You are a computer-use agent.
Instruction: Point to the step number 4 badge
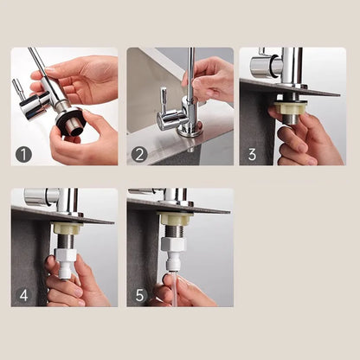[x=24, y=294]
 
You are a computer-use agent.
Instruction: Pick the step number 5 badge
[x=139, y=294]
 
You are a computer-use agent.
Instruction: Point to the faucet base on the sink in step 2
[x=190, y=129]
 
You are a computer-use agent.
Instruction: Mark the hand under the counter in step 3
[x=303, y=138]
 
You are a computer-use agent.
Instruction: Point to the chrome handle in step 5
[x=145, y=193]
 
